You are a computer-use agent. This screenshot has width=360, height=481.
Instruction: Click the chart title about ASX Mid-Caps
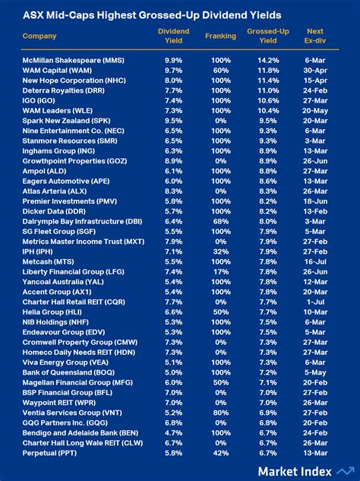pos(152,15)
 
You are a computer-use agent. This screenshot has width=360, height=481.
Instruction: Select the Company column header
pos(39,36)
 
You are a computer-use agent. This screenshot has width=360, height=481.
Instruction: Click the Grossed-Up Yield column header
pos(267,36)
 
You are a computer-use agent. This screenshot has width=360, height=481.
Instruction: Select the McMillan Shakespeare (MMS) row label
pos(74,60)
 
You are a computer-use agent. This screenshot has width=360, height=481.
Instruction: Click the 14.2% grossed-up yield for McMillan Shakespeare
pos(268,60)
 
